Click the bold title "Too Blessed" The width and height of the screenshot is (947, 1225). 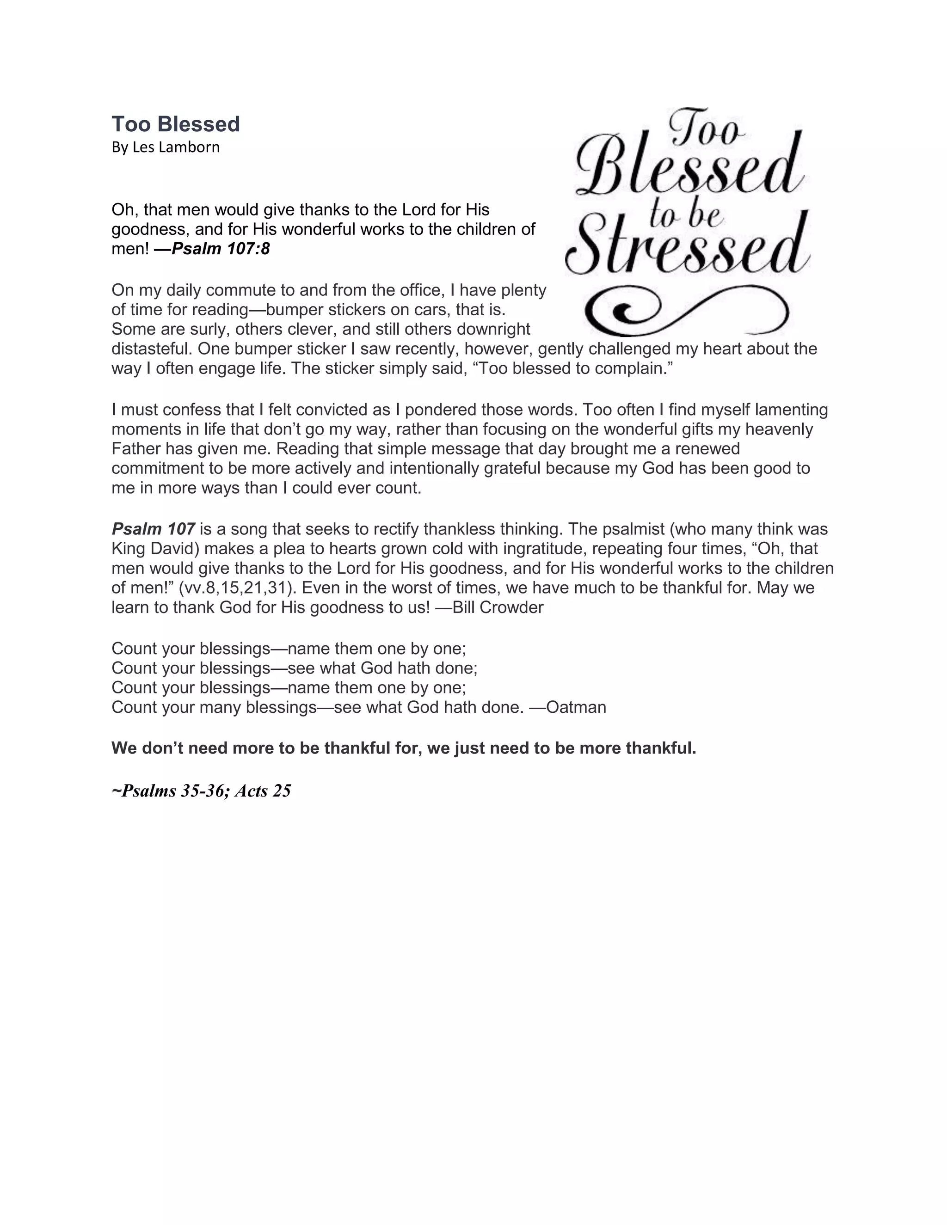(x=176, y=124)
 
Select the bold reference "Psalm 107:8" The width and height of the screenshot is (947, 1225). (x=221, y=249)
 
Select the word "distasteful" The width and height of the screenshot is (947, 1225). (x=152, y=349)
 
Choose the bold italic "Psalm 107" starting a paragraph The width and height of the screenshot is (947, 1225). (x=153, y=529)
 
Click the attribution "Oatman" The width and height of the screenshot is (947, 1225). (x=576, y=707)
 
